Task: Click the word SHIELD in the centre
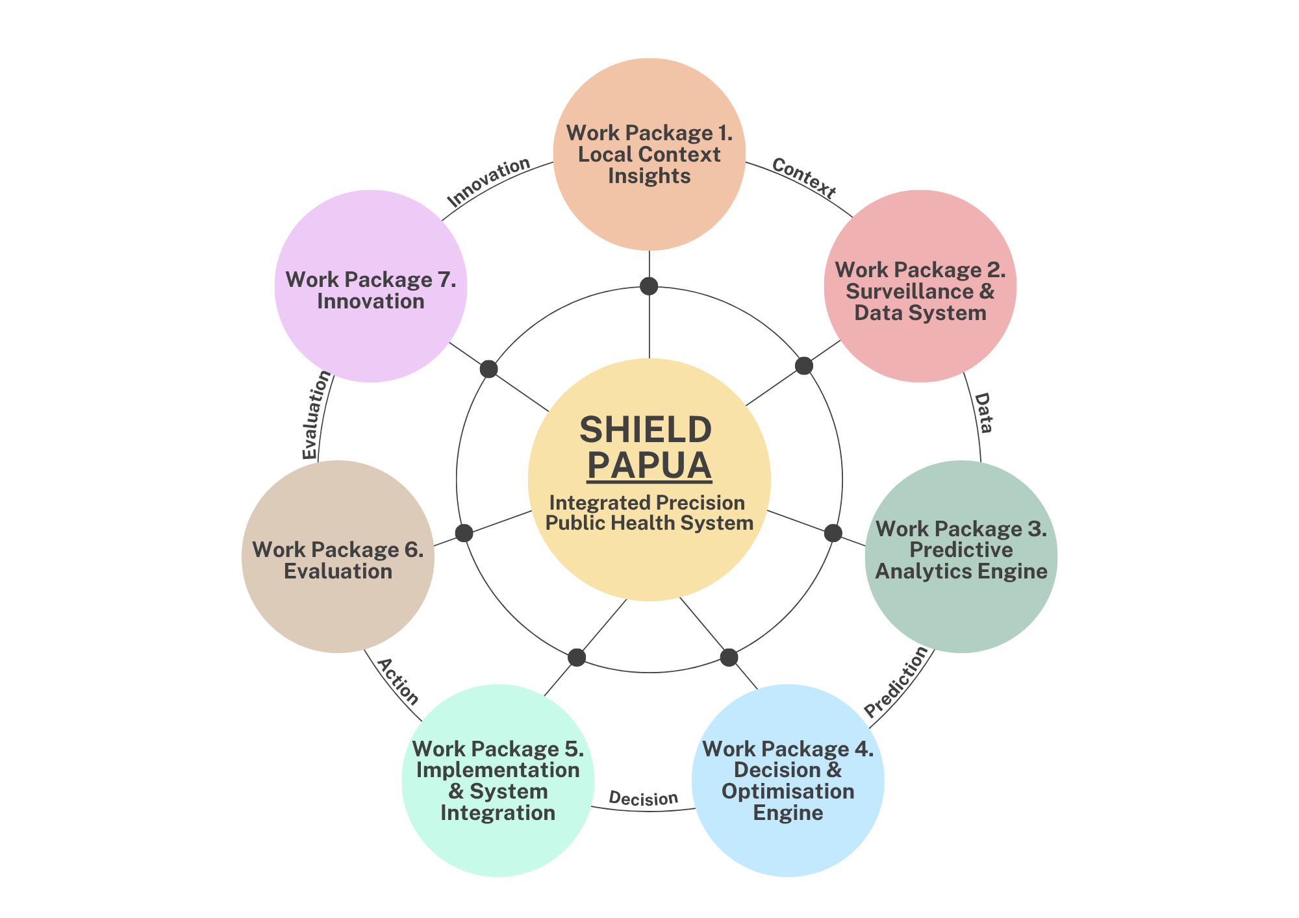click(x=646, y=430)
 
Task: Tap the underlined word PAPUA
click(x=649, y=465)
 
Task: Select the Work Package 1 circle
click(x=649, y=154)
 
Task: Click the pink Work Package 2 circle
click(x=920, y=286)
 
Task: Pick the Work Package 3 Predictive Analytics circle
click(x=961, y=556)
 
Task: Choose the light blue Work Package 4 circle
click(x=787, y=780)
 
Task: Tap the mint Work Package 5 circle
click(x=498, y=780)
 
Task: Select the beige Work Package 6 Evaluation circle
click(x=338, y=556)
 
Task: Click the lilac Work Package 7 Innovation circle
click(x=370, y=286)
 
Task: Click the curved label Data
click(x=983, y=413)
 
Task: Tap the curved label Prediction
click(x=897, y=682)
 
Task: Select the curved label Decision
click(x=643, y=799)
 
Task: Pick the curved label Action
click(x=397, y=682)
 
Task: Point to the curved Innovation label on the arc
click(x=488, y=182)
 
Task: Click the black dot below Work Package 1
click(x=649, y=286)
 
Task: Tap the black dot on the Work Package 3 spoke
click(x=833, y=533)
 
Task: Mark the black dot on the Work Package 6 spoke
click(x=464, y=533)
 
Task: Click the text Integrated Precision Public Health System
click(x=649, y=512)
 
